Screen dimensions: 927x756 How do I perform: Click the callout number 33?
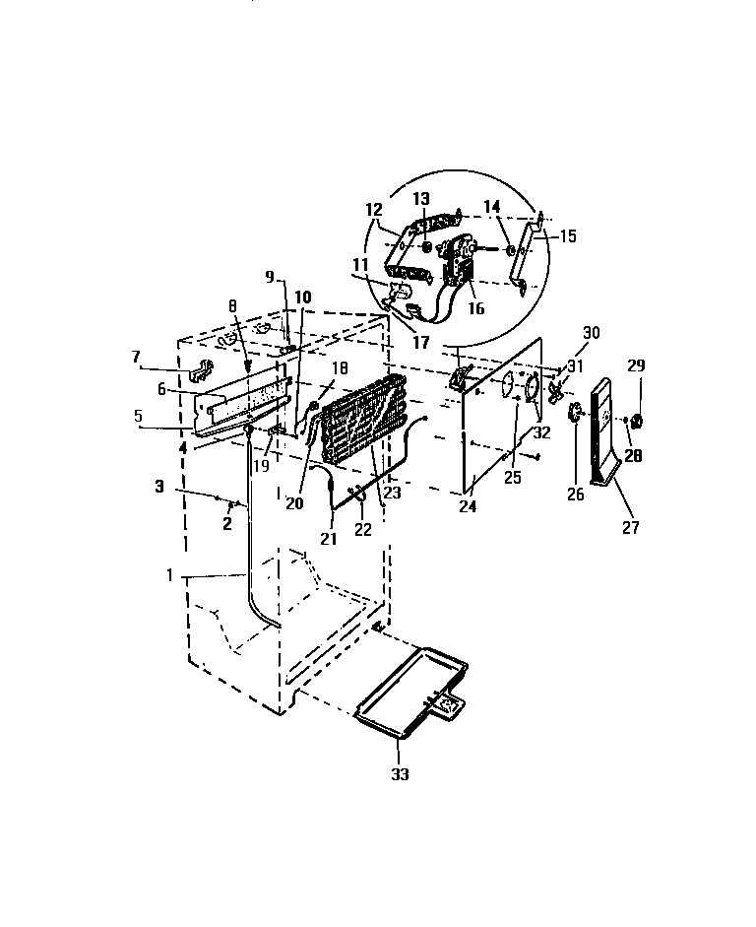tap(399, 774)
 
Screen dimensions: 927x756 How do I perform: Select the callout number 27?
tap(630, 528)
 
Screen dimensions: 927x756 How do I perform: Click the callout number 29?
tap(636, 365)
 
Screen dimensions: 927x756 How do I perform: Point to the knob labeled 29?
tap(636, 423)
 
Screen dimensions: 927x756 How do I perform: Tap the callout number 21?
tap(328, 538)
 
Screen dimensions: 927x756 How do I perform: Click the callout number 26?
tap(576, 495)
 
